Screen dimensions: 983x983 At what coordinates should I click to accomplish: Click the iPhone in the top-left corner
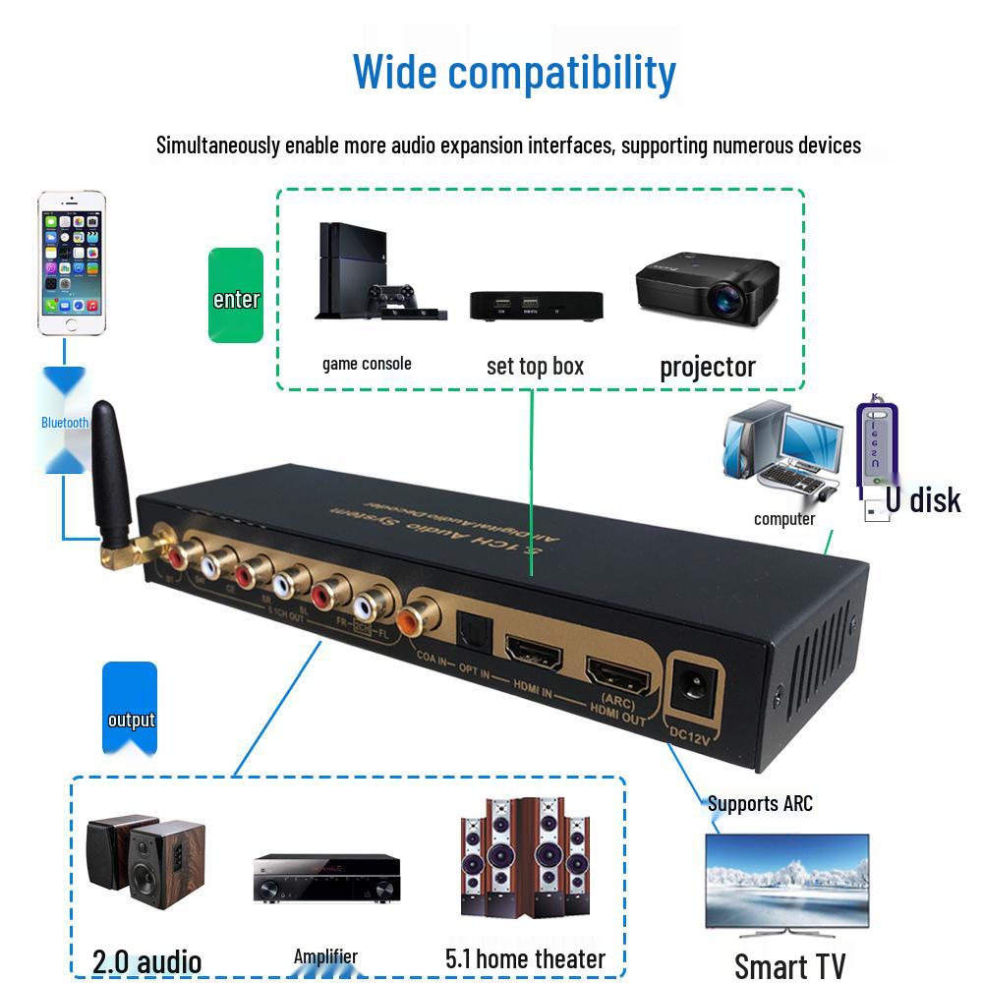pyautogui.click(x=71, y=263)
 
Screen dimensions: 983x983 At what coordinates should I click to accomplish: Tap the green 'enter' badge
pyautogui.click(x=236, y=296)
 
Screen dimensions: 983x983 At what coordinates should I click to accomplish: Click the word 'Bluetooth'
pyautogui.click(x=65, y=423)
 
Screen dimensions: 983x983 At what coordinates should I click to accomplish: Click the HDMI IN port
pyautogui.click(x=531, y=650)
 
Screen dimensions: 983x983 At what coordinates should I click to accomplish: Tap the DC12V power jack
pyautogui.click(x=693, y=693)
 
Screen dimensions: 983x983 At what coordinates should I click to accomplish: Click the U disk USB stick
pyautogui.click(x=877, y=457)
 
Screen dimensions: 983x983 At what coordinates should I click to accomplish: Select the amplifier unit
pyautogui.click(x=326, y=878)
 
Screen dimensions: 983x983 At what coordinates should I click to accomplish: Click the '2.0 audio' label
pyautogui.click(x=146, y=960)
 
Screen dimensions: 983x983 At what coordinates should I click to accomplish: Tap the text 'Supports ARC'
pyautogui.click(x=760, y=803)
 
